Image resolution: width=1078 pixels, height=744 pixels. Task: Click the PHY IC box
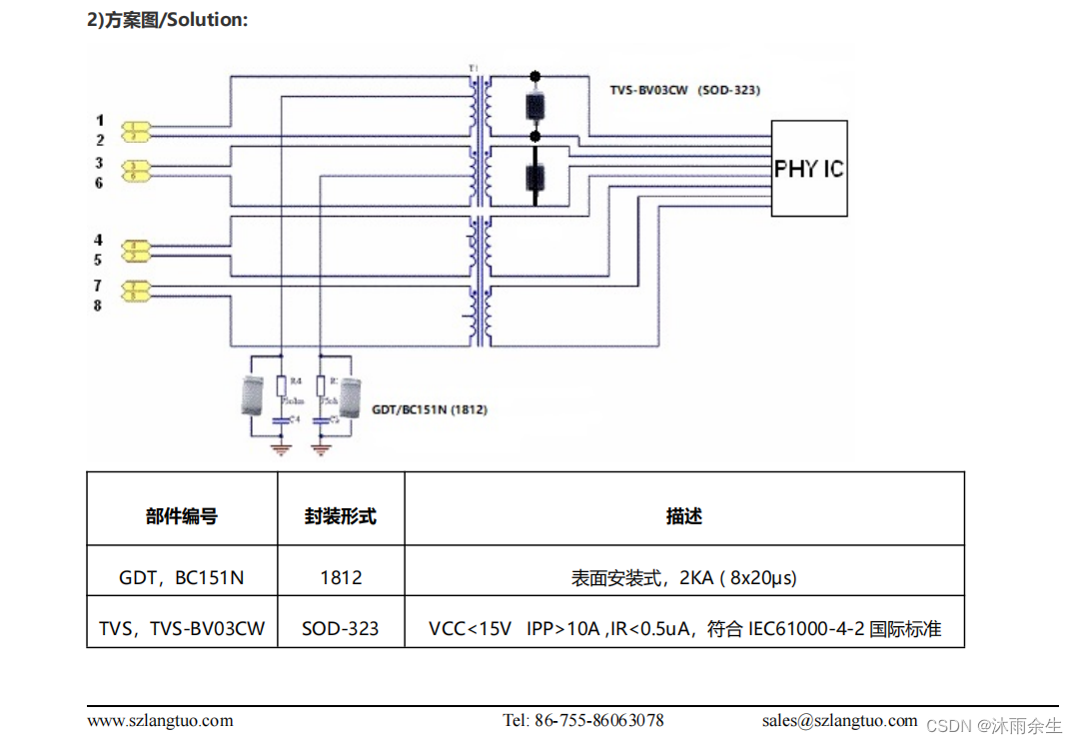808,168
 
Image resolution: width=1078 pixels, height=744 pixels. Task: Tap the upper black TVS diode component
536,105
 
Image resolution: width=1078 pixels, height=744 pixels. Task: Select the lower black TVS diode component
536,177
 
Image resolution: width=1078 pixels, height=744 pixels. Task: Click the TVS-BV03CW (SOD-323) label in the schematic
685,90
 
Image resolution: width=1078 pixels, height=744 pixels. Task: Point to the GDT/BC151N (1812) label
430,409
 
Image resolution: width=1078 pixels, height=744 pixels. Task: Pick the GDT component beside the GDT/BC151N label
350,395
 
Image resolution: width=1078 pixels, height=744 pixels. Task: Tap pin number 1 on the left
99,121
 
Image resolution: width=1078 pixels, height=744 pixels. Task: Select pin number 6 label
99,183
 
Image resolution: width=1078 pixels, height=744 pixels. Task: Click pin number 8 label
98,306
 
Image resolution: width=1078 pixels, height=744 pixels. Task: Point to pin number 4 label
98,241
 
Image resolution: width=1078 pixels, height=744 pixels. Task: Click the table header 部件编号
181,516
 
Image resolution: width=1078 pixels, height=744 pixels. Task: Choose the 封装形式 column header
341,516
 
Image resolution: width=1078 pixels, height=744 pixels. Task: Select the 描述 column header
683,516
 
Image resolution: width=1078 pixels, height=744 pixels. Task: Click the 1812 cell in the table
341,577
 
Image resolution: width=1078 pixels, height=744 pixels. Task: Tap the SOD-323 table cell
341,628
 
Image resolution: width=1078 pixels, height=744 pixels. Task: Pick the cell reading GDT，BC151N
181,577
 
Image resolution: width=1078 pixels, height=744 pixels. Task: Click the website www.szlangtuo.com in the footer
160,720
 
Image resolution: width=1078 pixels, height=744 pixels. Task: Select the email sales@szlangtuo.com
839,720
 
